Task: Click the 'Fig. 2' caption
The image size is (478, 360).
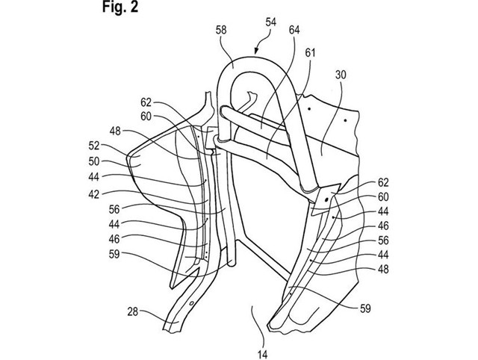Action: tap(120, 7)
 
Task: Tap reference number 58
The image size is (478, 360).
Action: tap(221, 31)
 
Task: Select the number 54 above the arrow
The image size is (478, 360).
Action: tap(271, 22)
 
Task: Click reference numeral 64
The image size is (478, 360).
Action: tap(294, 30)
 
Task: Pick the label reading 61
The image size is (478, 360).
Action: tap(310, 53)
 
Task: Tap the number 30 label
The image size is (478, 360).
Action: tap(341, 75)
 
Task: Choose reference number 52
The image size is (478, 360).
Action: tap(94, 146)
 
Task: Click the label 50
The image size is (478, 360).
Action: tap(94, 161)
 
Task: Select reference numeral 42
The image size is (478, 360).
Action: tap(94, 194)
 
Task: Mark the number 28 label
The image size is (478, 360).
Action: tap(133, 312)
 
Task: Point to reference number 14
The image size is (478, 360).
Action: tap(262, 355)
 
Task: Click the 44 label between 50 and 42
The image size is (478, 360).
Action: tap(94, 176)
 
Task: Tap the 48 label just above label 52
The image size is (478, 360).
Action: tap(115, 131)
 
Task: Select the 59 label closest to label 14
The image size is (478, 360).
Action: tap(365, 308)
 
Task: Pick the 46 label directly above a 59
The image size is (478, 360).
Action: tap(114, 239)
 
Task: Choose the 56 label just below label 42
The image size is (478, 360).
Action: tap(114, 209)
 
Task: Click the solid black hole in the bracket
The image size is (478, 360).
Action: tap(326, 199)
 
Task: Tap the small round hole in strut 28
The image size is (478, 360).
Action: tap(192, 303)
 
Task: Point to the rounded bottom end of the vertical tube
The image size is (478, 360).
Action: tap(232, 264)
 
